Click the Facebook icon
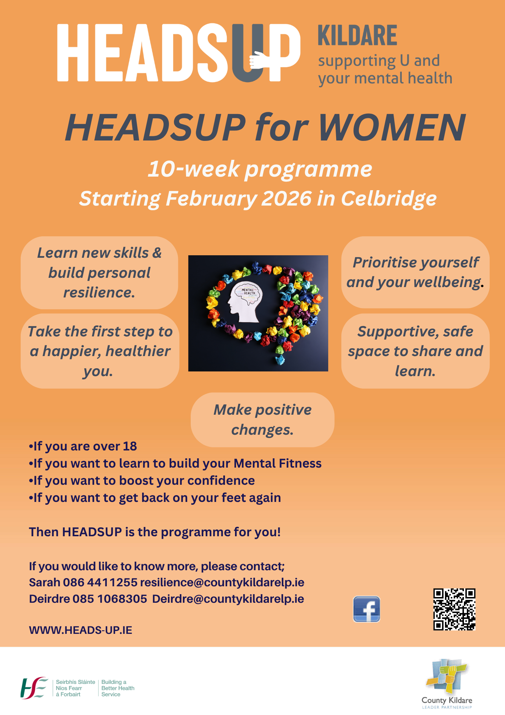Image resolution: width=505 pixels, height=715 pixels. click(x=366, y=609)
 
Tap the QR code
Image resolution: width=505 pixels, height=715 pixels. click(x=454, y=609)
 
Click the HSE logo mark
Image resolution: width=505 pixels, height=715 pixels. click(x=34, y=688)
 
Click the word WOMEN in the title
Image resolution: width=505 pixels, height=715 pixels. click(x=392, y=128)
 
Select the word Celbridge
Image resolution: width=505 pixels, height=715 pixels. click(x=389, y=198)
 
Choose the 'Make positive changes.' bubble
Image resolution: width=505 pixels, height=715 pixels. click(x=262, y=420)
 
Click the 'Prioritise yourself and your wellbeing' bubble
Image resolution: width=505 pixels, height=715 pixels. click(x=415, y=272)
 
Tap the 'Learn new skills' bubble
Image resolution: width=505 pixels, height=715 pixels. click(x=99, y=273)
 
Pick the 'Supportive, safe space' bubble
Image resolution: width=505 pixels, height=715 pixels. click(x=415, y=351)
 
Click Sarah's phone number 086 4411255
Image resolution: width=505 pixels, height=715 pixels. click(x=100, y=582)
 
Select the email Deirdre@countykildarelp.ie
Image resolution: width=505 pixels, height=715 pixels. click(x=228, y=599)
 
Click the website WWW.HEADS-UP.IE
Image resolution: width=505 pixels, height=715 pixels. click(x=81, y=630)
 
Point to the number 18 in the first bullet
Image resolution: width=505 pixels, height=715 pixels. click(x=130, y=446)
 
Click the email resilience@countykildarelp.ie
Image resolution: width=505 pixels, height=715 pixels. click(x=222, y=582)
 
